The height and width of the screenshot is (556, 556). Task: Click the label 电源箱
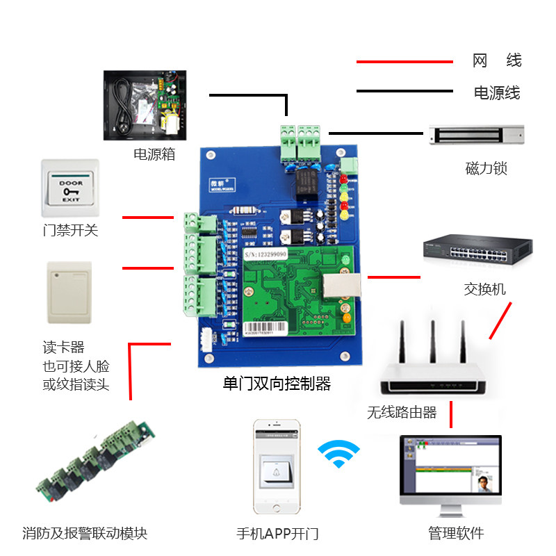(154, 154)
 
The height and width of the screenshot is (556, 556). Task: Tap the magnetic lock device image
(476, 135)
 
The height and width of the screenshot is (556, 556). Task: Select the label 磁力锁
(486, 169)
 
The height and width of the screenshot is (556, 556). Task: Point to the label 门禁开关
(70, 230)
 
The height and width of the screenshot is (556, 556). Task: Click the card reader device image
(69, 293)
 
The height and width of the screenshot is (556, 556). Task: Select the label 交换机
(485, 289)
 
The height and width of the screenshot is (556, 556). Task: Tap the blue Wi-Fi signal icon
(339, 455)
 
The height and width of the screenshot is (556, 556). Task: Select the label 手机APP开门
(277, 534)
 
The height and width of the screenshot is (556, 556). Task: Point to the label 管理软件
(455, 533)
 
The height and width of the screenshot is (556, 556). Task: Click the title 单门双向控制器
(277, 384)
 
